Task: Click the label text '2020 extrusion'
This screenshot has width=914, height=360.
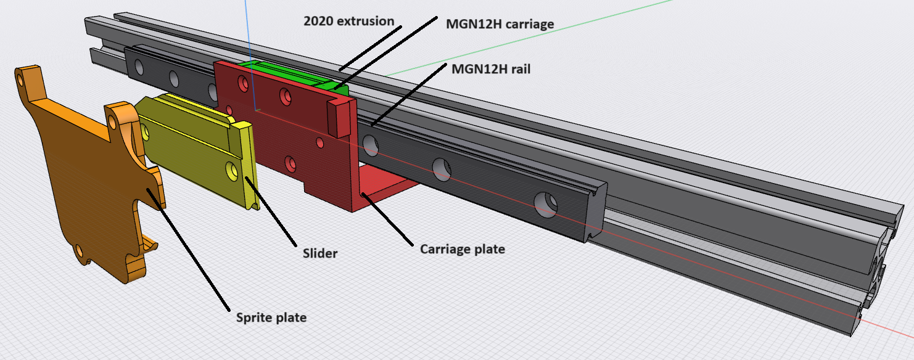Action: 348,21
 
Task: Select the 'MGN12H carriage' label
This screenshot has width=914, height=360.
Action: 500,24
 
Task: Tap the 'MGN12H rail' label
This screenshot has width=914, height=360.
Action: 491,68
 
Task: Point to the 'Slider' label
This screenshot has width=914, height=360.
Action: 320,253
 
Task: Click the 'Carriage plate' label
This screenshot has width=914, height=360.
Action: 462,249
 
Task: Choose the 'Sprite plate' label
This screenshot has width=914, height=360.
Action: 271,317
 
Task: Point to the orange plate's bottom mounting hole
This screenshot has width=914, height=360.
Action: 80,252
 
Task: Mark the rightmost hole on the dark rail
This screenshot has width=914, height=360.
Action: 545,205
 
